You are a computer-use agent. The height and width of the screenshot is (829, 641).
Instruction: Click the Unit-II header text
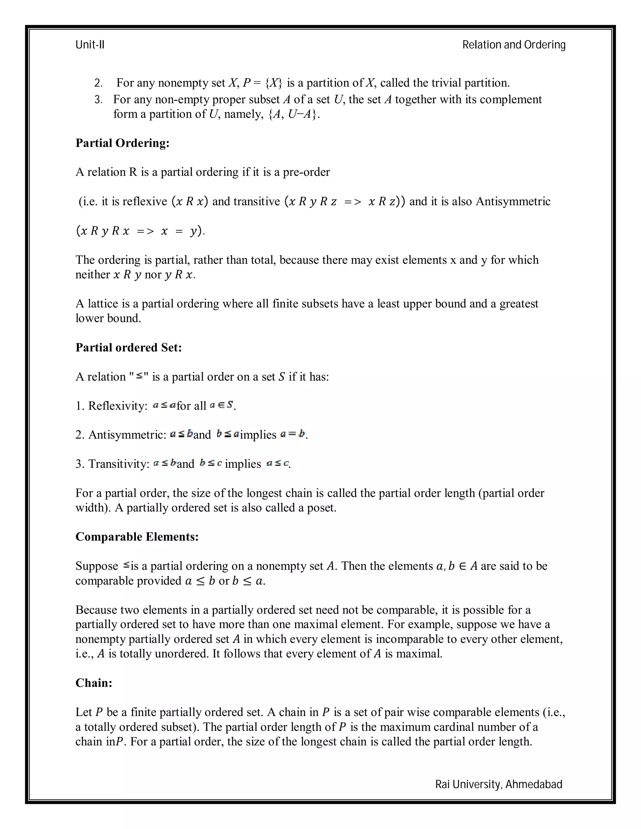point(90,45)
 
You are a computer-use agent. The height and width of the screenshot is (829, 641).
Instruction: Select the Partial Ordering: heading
point(122,143)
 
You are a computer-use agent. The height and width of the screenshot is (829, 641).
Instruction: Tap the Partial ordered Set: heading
point(128,348)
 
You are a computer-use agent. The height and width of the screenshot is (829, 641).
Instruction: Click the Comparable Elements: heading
point(137,537)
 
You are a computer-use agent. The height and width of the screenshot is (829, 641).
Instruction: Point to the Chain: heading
point(94,683)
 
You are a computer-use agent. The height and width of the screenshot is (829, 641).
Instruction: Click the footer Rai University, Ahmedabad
point(498,784)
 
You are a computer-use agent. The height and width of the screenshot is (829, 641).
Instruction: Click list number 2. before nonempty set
point(98,83)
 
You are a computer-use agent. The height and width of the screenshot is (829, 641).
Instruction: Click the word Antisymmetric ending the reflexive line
point(513,201)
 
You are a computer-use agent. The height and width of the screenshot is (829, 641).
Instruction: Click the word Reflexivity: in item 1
point(118,406)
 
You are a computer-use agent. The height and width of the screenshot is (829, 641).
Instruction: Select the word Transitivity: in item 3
point(119,464)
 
